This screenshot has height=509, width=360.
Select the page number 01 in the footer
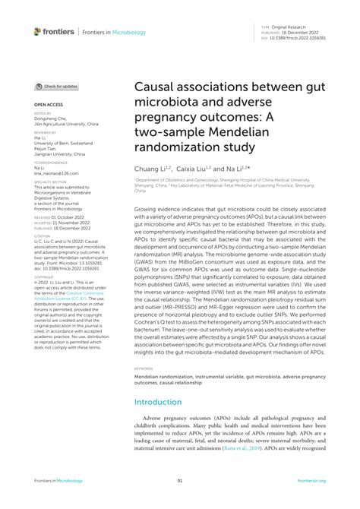180,481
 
